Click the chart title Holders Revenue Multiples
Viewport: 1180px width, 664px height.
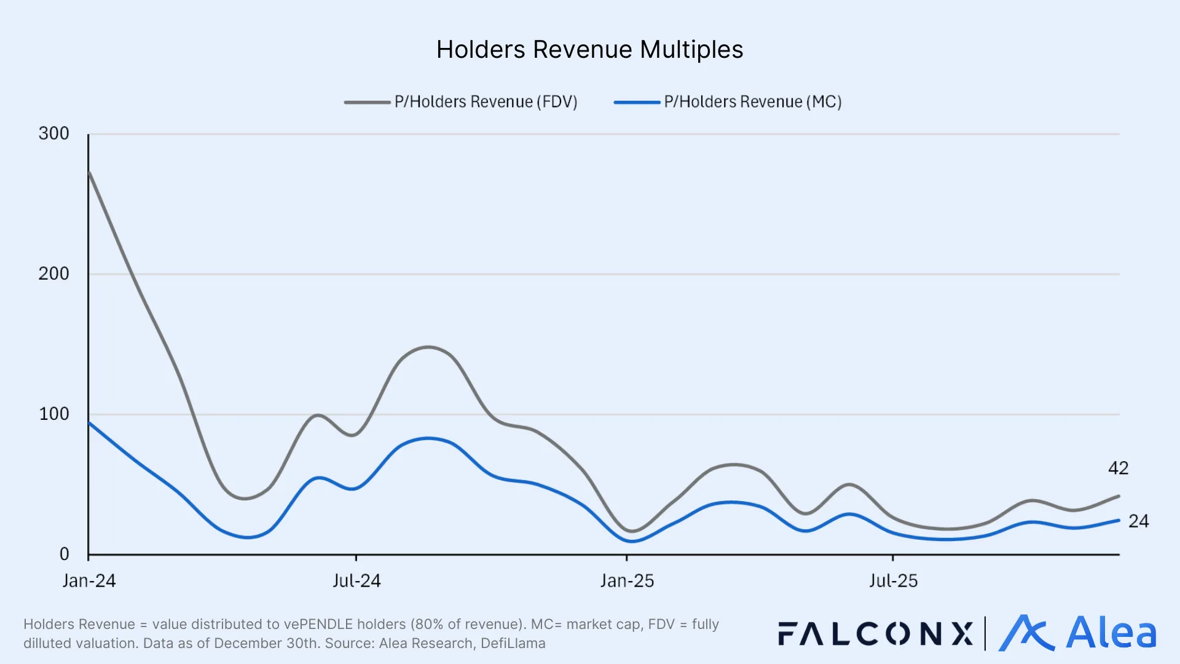pos(589,50)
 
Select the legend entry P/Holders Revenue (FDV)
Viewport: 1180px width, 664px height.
pos(486,102)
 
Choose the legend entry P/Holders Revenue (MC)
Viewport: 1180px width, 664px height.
pos(752,102)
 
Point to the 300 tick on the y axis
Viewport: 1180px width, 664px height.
pos(54,133)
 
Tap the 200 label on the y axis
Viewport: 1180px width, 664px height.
pos(54,274)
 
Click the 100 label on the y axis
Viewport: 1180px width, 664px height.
pos(54,414)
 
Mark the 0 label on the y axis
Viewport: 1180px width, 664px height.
pos(64,554)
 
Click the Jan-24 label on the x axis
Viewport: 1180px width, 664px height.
pos(89,581)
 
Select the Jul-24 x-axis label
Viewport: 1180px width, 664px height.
pos(356,581)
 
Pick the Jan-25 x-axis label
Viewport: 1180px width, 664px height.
pos(627,581)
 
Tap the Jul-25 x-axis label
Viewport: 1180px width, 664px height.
pos(893,581)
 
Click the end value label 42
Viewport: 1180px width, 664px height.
pos(1118,468)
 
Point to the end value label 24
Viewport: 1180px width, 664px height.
pos(1138,521)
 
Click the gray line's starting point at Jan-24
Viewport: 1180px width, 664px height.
pos(90,173)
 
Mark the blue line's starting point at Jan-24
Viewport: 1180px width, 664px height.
pos(90,423)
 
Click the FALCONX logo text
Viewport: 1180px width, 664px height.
pos(875,634)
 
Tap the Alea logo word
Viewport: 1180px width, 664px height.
pos(1111,633)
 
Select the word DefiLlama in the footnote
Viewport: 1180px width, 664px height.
pos(513,644)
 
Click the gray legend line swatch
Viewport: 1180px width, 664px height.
pos(367,102)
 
